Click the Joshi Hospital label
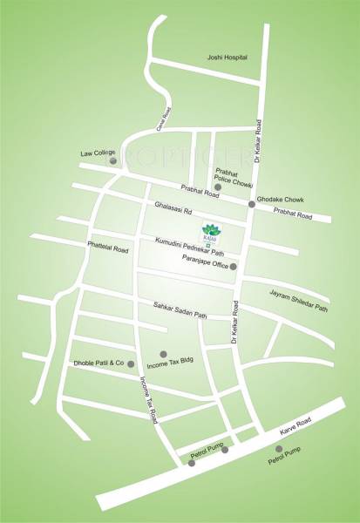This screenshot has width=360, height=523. [227, 58]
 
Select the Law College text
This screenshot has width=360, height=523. [98, 153]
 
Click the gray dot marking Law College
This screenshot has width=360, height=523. [112, 161]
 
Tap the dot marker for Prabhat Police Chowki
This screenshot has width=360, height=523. [219, 187]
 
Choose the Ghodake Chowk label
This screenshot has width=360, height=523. [284, 196]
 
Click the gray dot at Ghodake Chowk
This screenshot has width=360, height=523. [252, 204]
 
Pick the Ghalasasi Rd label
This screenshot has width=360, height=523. [173, 210]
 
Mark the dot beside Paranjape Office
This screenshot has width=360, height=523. [233, 266]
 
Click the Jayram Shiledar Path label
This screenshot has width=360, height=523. [298, 301]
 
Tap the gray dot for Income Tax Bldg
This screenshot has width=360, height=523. [163, 353]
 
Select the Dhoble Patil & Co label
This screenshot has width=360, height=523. [98, 363]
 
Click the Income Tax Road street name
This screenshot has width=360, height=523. [149, 400]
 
